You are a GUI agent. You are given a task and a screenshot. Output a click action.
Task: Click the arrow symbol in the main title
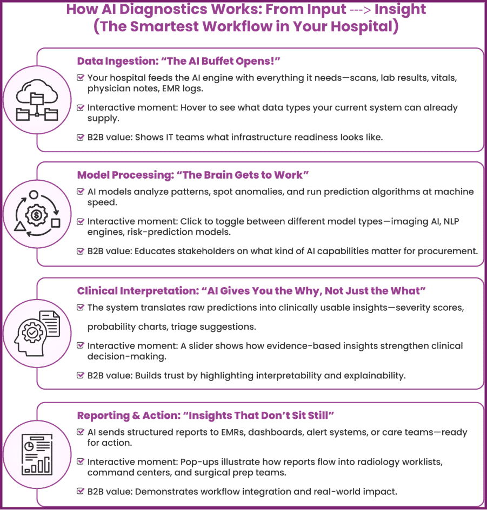point(361,10)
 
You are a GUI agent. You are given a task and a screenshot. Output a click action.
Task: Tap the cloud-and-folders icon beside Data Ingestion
point(37,100)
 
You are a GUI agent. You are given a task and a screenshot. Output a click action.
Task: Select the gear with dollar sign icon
point(37,214)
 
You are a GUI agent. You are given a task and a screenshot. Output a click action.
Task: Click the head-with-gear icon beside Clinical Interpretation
point(37,334)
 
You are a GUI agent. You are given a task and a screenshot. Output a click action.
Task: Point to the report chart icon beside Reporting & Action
point(37,454)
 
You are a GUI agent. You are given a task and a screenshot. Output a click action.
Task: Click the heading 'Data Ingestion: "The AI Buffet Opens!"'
point(178,61)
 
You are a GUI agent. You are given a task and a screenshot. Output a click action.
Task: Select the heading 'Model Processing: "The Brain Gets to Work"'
point(193,175)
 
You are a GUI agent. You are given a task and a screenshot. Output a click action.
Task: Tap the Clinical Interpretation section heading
point(251,291)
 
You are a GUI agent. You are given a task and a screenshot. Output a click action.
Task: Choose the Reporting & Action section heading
point(205,416)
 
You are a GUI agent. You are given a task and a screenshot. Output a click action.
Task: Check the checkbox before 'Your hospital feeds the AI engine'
point(80,78)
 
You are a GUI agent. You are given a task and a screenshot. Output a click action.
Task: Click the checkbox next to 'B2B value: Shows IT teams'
point(80,137)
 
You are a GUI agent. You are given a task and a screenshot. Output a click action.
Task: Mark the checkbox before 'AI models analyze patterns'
point(80,192)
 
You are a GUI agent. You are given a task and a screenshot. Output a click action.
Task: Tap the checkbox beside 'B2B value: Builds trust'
point(80,375)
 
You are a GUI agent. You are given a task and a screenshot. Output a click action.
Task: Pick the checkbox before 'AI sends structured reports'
point(80,432)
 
